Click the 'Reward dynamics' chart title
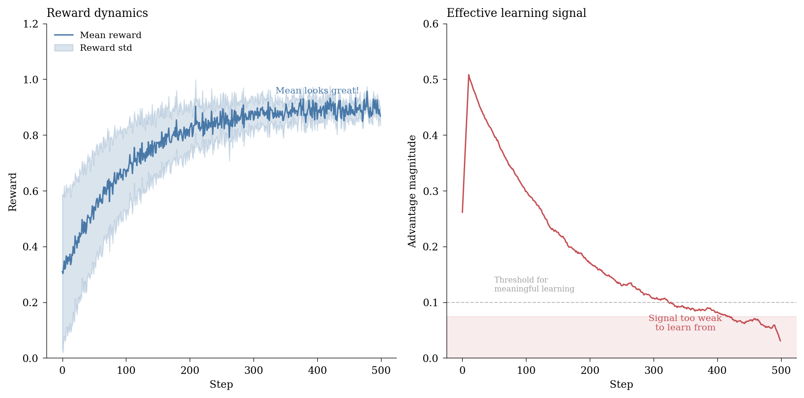[x=97, y=13]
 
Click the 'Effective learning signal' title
[x=516, y=13]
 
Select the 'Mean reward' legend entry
[x=110, y=35]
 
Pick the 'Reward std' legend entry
[x=106, y=48]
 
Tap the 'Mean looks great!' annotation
[x=317, y=91]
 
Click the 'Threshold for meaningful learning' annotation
[x=534, y=284]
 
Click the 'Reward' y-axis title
[x=13, y=192]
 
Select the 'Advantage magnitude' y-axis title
[x=412, y=191]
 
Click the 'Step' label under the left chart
[x=221, y=384]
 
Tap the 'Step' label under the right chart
[x=621, y=384]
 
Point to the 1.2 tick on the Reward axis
[x=30, y=24]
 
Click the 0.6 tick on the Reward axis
[x=30, y=191]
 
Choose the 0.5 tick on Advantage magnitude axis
[x=431, y=80]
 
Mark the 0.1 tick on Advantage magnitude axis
[x=431, y=302]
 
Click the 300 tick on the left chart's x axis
[x=253, y=371]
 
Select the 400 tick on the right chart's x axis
[x=717, y=371]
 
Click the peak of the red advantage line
[x=469, y=75]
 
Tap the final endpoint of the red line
[x=780, y=341]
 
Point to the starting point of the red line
[x=462, y=212]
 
